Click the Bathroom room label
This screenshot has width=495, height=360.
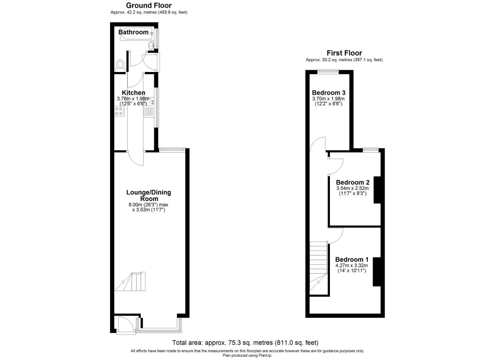(133, 32)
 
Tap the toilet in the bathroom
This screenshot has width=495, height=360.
(120, 65)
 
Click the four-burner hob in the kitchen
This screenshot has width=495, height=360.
(119, 111)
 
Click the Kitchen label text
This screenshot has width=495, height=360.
(133, 93)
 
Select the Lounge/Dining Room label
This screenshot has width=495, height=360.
(149, 195)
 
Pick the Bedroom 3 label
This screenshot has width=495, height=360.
(328, 93)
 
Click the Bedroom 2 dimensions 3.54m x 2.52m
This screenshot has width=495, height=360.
(353, 188)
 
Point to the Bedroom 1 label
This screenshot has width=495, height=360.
(352, 259)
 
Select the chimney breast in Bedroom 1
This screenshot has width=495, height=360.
(377, 272)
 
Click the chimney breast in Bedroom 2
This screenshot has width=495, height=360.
(377, 190)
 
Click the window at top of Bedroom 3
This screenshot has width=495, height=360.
(328, 71)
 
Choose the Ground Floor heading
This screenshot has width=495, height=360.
(149, 5)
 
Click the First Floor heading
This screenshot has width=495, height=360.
(344, 53)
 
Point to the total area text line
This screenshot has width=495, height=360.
(245, 342)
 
